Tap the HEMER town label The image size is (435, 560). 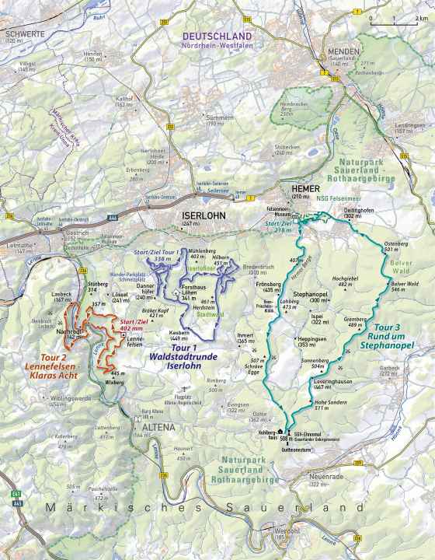[304, 188]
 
